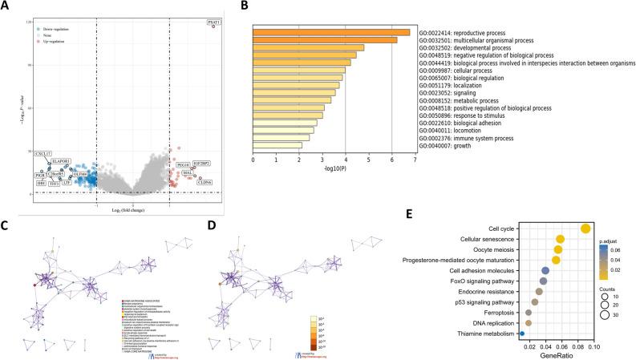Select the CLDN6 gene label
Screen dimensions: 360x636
(x=205, y=183)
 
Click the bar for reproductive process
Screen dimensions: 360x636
(x=343, y=32)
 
